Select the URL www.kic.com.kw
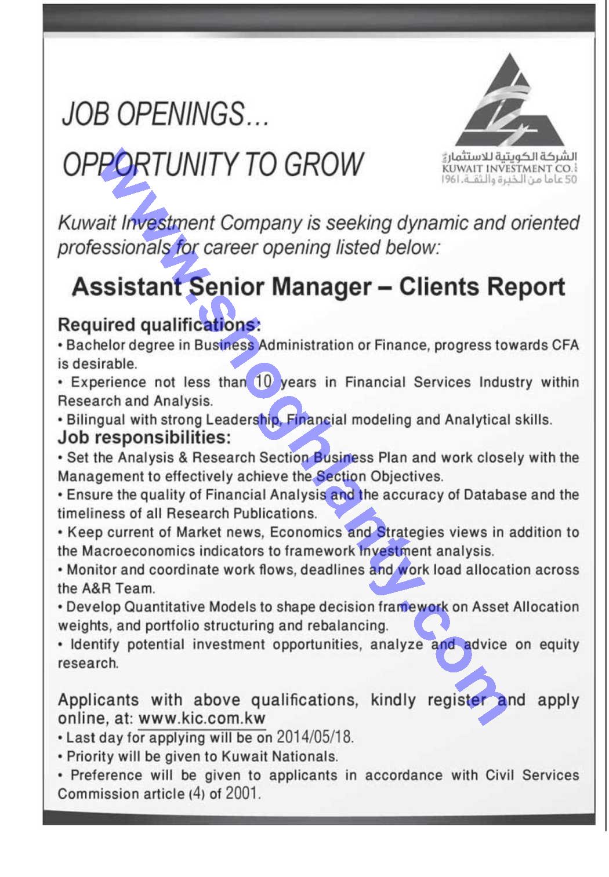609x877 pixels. point(202,719)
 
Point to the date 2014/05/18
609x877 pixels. point(314,737)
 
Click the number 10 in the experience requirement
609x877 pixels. point(263,382)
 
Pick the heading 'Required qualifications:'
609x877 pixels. point(159,325)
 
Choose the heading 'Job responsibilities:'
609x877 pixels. point(144,437)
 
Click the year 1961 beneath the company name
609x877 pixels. point(451,180)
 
